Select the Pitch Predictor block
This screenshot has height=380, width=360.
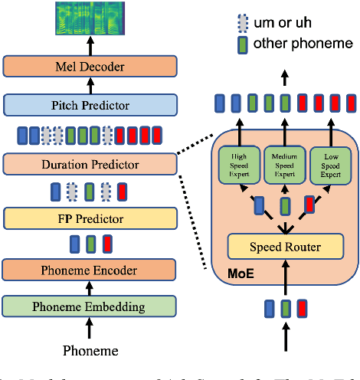pos(90,104)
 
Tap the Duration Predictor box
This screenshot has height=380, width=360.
pos(90,163)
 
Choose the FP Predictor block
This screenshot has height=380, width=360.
pos(90,218)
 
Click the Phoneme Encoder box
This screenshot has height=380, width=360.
pos(90,270)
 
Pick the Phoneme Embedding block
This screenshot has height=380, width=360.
pos(90,306)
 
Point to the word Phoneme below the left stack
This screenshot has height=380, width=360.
pos(90,351)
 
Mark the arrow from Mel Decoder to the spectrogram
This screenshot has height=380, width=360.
pos(90,46)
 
